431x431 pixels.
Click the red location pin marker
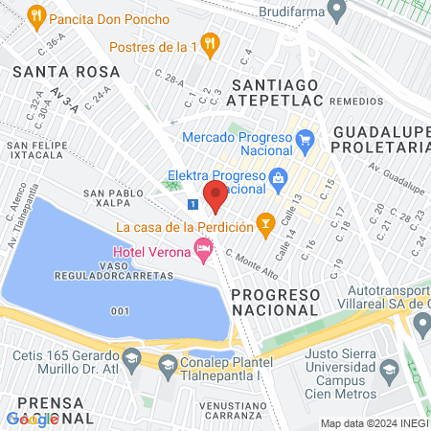coord(215,194)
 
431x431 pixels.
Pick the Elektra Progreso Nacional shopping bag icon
coord(278,176)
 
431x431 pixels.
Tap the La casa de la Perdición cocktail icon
coord(266,226)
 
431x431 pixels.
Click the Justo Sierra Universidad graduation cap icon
coord(389,368)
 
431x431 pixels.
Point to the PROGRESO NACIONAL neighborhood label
coord(275,302)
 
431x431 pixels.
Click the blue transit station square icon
coord(193,204)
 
